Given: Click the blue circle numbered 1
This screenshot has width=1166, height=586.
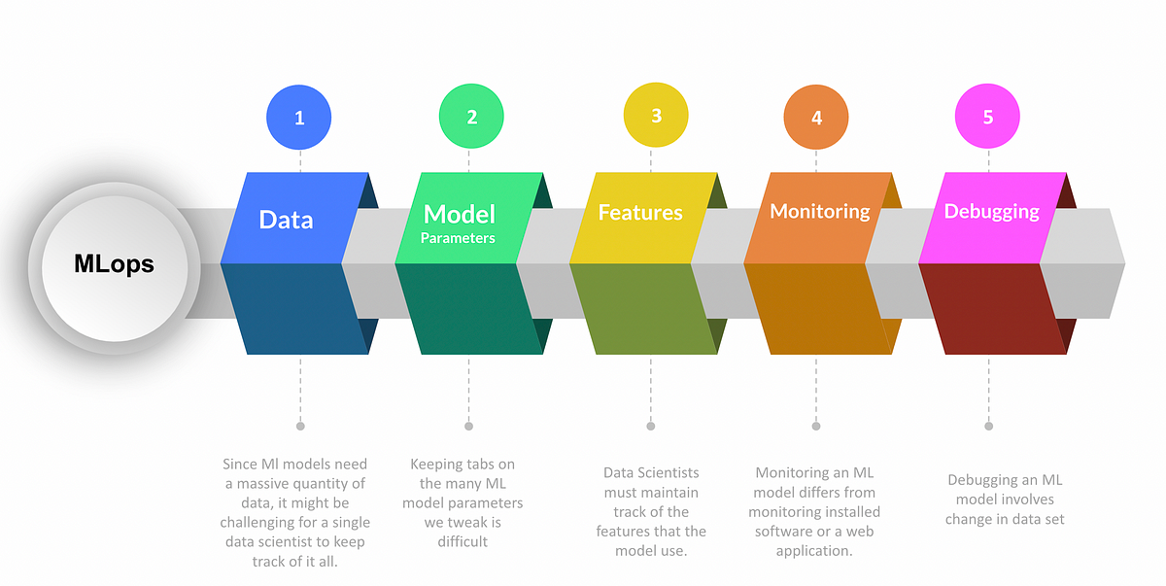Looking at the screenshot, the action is pos(299,117).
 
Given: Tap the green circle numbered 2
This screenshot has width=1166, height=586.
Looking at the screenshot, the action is pos(471,116).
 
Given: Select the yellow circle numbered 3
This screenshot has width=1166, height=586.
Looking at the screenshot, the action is pos(656,115).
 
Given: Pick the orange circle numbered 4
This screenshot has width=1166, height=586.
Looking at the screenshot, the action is pos(816,117).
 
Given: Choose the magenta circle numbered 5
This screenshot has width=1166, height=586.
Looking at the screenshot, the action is pos(987,116).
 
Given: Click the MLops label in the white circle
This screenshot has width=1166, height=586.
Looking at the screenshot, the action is pos(114,264).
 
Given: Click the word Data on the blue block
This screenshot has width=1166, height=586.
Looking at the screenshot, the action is pos(286,220).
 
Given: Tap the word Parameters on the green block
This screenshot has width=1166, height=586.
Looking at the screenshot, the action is pos(458,238).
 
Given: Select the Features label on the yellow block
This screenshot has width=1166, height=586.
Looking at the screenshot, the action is pos(640,212).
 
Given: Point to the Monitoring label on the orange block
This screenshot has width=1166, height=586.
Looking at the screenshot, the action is pos(820,211).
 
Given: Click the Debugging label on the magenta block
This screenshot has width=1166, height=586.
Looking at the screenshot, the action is pos(992,212).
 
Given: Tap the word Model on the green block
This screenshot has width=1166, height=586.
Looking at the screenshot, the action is pos(459,214).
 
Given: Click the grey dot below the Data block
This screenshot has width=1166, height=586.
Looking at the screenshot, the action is pos(300,427).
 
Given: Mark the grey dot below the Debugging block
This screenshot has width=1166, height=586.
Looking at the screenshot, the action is pos(988,427).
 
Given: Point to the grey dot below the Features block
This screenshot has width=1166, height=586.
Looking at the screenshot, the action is pos(651,427).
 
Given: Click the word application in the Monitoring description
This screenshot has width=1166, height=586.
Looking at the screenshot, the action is pos(814,552).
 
